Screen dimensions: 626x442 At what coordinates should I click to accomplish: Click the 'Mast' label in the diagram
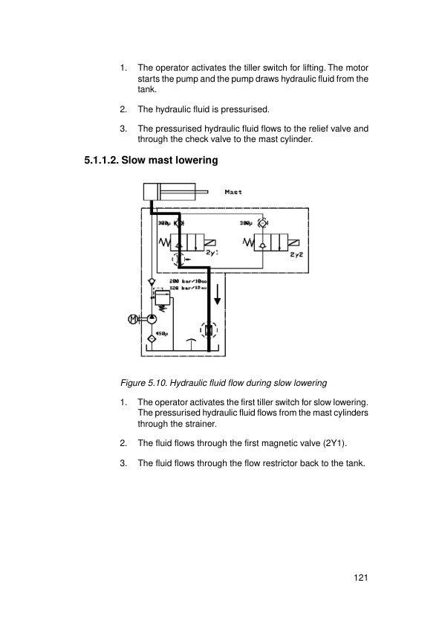pos(233,192)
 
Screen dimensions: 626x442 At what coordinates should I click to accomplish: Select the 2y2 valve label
pos(296,254)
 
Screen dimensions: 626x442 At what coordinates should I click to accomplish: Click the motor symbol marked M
pos(133,319)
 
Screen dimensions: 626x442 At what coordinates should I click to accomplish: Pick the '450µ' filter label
pos(162,332)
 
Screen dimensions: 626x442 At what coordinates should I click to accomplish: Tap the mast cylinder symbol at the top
pos(163,193)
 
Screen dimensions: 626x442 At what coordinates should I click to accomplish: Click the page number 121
pos(360,577)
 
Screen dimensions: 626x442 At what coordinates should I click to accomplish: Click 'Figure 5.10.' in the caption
pos(143,384)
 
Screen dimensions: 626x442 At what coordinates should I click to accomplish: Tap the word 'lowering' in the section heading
pos(193,158)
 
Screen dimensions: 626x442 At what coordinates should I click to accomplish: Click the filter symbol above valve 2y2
pos(261,223)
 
